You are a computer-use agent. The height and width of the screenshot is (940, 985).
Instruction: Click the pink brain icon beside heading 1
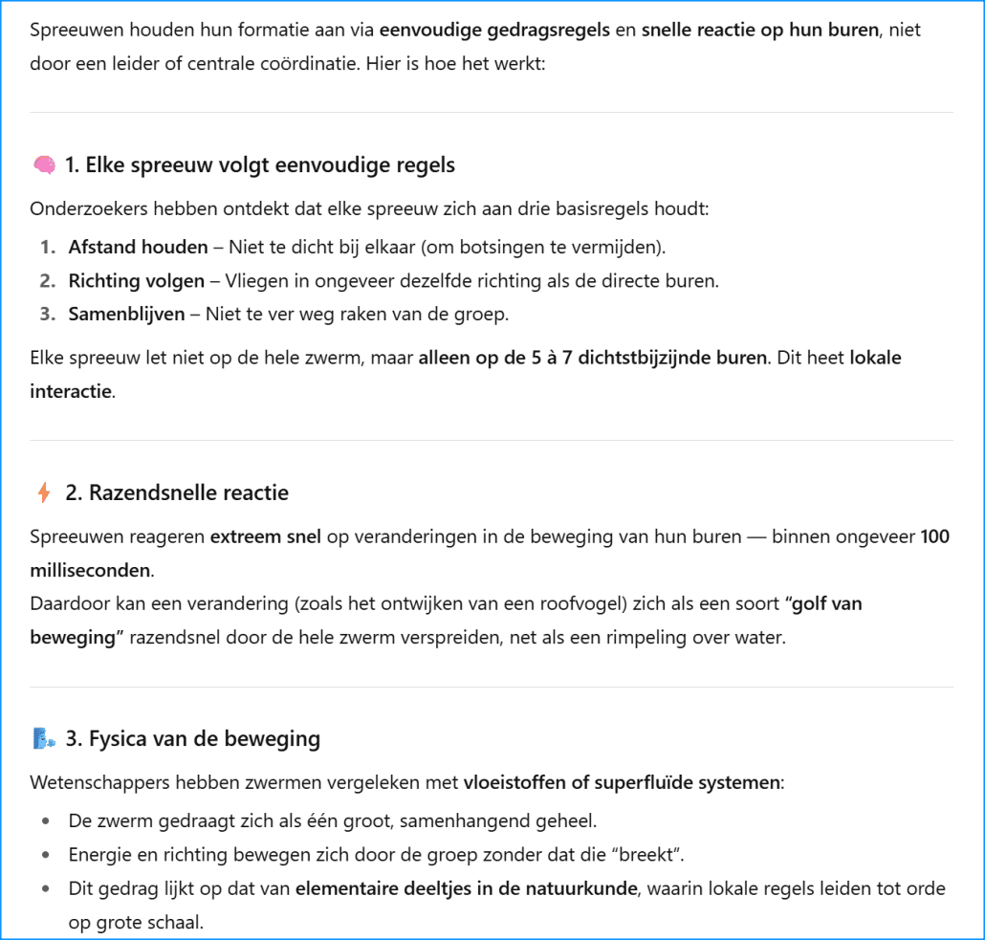click(x=44, y=165)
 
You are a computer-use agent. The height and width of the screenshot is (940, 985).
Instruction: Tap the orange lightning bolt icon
click(x=44, y=493)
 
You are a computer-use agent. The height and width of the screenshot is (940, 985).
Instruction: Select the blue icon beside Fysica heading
click(x=44, y=739)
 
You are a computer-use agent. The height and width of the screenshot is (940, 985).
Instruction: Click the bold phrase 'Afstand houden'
click(x=138, y=248)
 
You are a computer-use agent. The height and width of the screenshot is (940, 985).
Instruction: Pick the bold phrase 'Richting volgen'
click(x=136, y=281)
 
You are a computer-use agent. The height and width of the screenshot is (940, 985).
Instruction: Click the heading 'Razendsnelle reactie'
click(x=177, y=493)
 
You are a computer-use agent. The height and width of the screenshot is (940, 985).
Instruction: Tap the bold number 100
click(x=934, y=537)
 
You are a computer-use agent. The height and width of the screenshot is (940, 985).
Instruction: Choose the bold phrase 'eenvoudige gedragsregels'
click(x=494, y=30)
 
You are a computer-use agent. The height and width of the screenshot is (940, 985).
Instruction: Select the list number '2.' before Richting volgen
click(x=48, y=281)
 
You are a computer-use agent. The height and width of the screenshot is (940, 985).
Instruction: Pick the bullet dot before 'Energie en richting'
click(x=47, y=855)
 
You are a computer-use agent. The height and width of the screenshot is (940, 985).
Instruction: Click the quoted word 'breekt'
click(x=660, y=855)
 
